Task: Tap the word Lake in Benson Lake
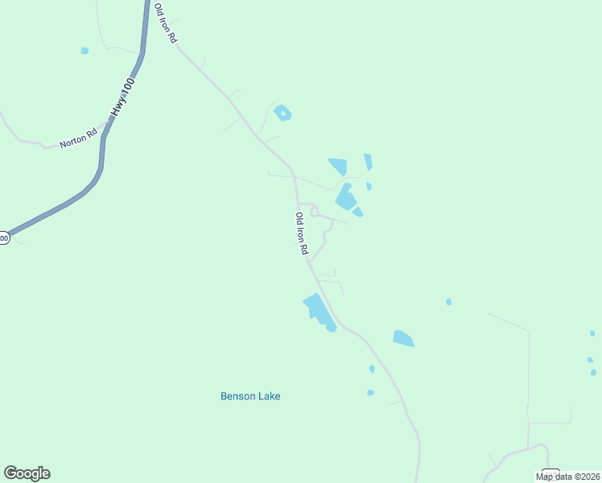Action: tap(269, 396)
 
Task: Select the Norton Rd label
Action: tap(78, 138)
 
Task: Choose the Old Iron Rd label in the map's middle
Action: tap(302, 233)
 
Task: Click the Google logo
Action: tap(27, 473)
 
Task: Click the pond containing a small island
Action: tap(282, 113)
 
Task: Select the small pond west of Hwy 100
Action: tap(85, 51)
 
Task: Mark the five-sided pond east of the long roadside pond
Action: tap(403, 338)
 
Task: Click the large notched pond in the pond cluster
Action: tap(345, 197)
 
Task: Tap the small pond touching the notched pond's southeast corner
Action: tap(357, 212)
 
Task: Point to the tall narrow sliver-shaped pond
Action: tap(368, 162)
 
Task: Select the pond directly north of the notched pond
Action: tap(338, 166)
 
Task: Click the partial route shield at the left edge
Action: tap(4, 237)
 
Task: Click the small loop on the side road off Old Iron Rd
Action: tap(315, 210)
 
